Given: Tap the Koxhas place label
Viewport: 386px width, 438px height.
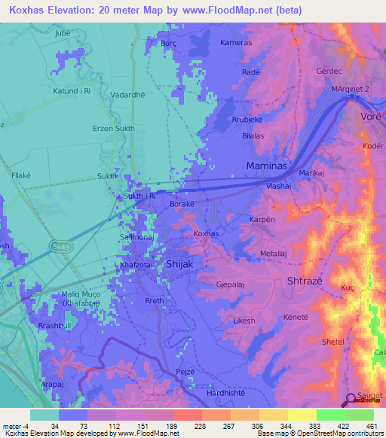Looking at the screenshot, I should [x=206, y=234].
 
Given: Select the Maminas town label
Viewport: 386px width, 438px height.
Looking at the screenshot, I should [x=265, y=164].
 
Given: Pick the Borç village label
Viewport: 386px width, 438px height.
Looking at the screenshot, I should [x=168, y=44].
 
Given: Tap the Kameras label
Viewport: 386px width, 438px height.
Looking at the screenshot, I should [x=235, y=43].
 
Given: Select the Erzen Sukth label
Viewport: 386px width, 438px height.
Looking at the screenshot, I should [x=113, y=129].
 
